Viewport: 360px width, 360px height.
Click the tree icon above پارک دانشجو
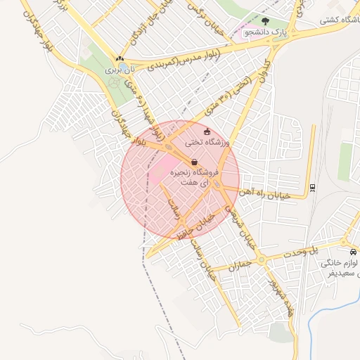click(265, 22)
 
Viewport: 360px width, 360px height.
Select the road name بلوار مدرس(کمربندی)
click(184, 58)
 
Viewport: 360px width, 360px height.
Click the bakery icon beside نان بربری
click(120, 60)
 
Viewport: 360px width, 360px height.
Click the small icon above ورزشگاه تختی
click(206, 131)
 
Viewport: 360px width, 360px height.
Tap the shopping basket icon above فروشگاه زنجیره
click(193, 162)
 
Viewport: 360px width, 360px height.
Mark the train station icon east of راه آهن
click(311, 187)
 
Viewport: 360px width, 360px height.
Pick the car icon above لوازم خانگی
click(352, 252)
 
